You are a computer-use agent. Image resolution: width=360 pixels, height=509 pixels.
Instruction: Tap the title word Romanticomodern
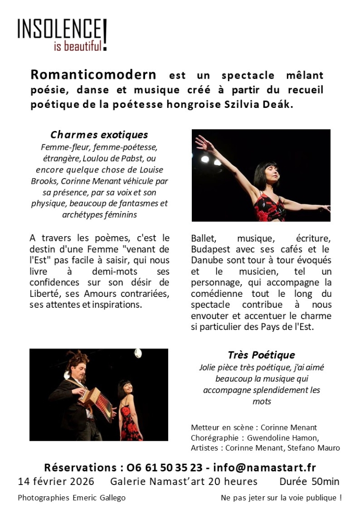pos(93,75)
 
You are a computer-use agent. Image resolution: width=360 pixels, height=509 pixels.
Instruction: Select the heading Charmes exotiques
pos(99,135)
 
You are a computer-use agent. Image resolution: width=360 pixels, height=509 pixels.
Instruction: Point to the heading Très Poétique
pos(261,355)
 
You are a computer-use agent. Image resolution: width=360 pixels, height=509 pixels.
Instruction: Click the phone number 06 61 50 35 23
pos(165,468)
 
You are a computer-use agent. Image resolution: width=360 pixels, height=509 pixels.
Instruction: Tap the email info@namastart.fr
pos(264,468)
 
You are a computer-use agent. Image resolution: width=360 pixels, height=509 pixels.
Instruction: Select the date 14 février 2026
pos(56,482)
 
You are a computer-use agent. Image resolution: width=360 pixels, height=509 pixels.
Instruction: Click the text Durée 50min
pos(309,482)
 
